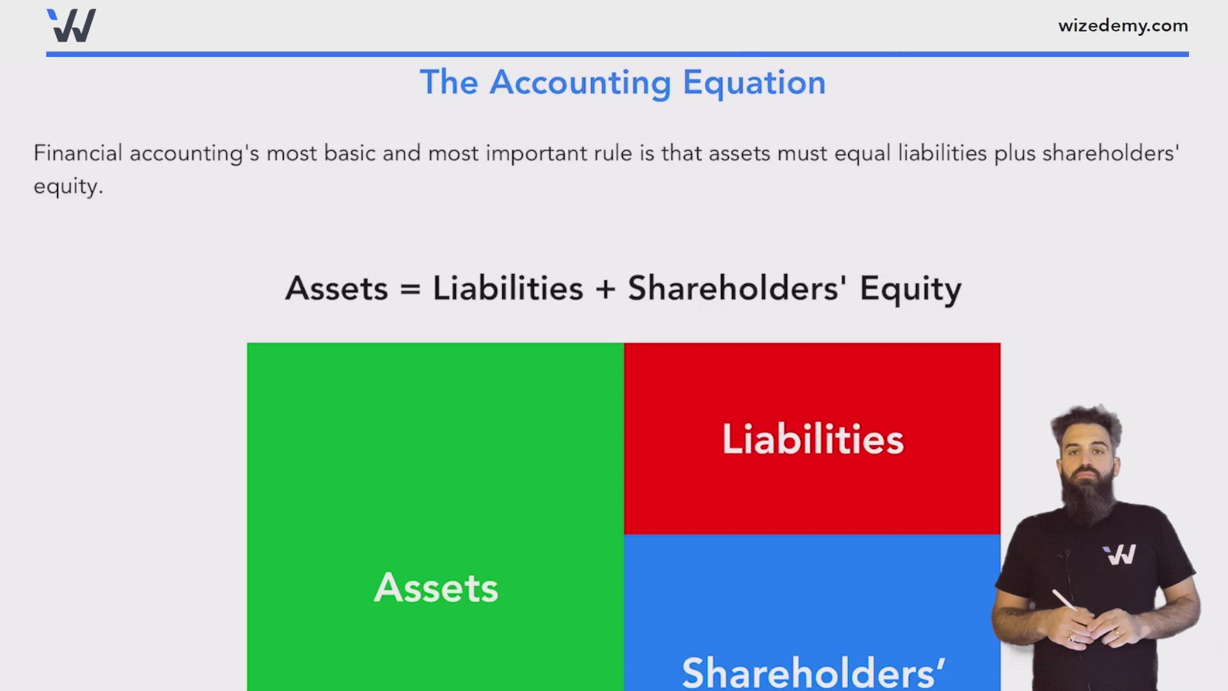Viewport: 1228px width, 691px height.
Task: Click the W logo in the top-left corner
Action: click(72, 26)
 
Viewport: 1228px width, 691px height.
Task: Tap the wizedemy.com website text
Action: click(1122, 26)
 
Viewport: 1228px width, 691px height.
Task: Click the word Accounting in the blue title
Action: click(580, 83)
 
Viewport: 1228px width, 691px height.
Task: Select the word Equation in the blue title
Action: click(754, 83)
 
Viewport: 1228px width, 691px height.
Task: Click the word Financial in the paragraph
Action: click(77, 154)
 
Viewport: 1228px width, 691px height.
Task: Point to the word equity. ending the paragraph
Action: click(68, 187)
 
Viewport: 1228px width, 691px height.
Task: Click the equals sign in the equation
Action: click(410, 289)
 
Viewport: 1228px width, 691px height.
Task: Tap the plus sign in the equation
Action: click(605, 289)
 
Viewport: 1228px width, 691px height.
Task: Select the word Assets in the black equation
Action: click(336, 289)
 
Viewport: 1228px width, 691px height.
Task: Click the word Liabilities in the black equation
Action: click(508, 289)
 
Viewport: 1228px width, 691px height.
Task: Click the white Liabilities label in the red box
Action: click(812, 440)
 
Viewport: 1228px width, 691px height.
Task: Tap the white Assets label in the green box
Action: click(436, 588)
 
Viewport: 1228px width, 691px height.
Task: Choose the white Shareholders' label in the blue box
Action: click(812, 672)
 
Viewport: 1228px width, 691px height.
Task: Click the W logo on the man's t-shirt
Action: click(1119, 555)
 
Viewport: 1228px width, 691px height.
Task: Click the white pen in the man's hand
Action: click(1064, 600)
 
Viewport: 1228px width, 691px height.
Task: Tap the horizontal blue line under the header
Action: click(617, 54)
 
